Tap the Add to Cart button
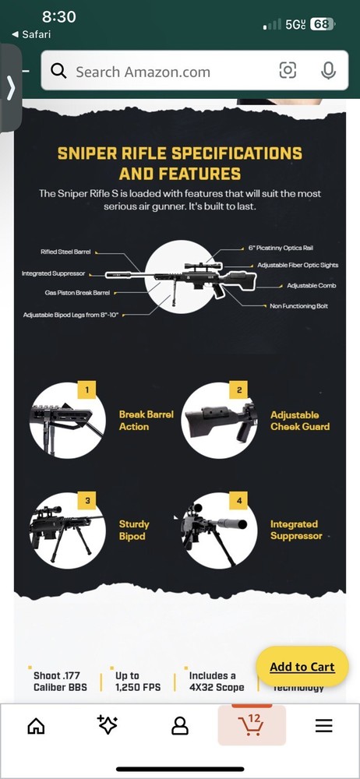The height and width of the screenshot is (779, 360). (x=302, y=667)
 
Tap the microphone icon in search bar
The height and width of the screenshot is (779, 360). (x=328, y=71)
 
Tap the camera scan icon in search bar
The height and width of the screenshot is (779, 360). (x=288, y=71)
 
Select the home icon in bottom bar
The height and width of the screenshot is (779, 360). (x=36, y=726)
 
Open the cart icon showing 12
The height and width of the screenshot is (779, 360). (x=252, y=725)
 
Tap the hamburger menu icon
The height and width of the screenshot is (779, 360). (x=323, y=726)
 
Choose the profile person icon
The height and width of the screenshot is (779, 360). (x=180, y=726)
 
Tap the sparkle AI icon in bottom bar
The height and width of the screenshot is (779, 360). (x=108, y=725)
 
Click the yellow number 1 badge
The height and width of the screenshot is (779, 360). (x=86, y=389)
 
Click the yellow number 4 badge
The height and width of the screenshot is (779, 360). (x=239, y=499)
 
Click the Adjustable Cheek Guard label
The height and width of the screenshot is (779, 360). (x=300, y=421)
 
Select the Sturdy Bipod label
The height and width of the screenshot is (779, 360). (x=134, y=530)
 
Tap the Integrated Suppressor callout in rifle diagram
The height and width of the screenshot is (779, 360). (x=53, y=274)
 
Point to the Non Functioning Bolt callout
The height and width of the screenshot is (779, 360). (x=298, y=306)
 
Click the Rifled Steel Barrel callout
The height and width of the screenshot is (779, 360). (x=65, y=252)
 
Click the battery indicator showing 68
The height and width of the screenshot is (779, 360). (x=322, y=24)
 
